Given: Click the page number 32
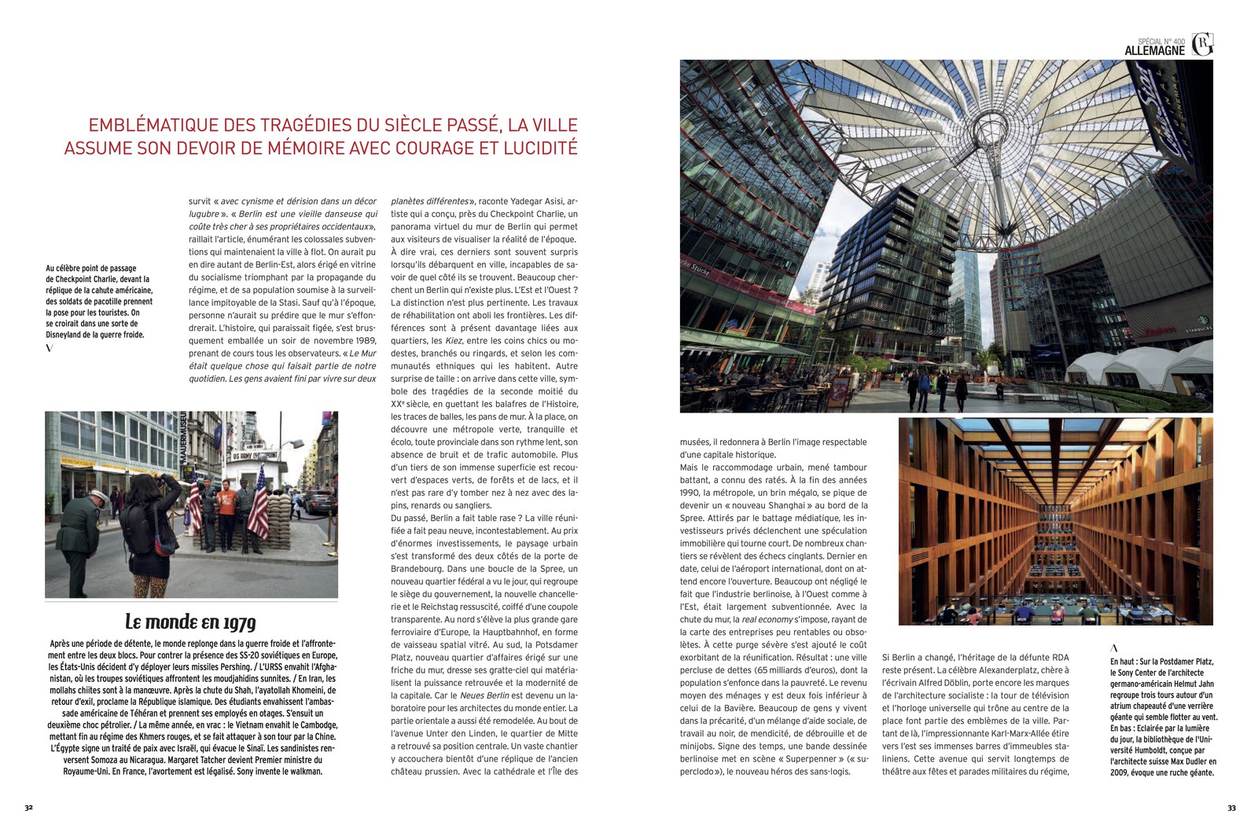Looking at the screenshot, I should point(28,807).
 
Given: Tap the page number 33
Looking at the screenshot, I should point(1231,807).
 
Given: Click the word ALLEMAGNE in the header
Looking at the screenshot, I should point(1154,51).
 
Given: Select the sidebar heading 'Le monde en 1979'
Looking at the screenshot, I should point(190,622).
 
